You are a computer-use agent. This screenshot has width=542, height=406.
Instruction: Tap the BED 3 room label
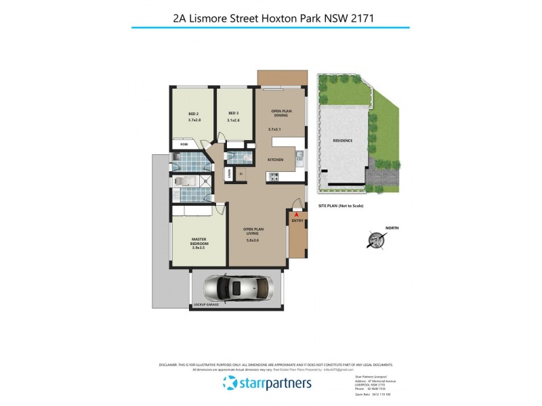coord(233,113)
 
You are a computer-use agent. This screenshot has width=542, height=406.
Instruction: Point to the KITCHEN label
coord(274,160)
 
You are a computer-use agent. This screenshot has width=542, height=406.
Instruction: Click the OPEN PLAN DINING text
coord(280,113)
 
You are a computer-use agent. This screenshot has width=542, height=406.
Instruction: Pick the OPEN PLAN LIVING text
coord(254,231)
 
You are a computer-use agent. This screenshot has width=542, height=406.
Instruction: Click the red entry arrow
coord(295,214)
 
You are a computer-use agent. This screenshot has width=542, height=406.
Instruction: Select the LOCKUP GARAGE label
coord(207,305)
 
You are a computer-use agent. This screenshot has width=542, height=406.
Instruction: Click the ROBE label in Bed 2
coord(184,144)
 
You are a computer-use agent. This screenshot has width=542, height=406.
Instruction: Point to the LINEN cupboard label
coord(230,174)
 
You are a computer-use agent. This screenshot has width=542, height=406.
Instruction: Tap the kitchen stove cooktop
coord(275,177)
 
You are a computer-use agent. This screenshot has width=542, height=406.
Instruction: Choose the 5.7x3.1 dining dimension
coord(274,129)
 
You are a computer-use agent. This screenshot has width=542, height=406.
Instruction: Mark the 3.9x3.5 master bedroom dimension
coord(199,248)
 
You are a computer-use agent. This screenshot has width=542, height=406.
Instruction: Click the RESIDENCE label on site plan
coord(343,141)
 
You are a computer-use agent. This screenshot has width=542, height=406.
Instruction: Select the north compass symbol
coord(373,240)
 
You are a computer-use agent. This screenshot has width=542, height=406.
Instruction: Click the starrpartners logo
coord(268,384)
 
